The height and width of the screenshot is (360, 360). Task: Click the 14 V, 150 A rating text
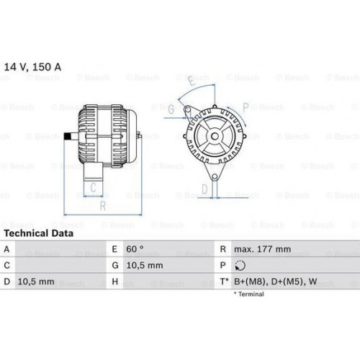pyautogui.click(x=32, y=67)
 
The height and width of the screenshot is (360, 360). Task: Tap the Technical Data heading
pyautogui.click(x=39, y=233)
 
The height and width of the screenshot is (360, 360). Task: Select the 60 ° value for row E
pyautogui.click(x=135, y=249)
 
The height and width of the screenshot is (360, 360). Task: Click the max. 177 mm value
pyautogui.click(x=262, y=249)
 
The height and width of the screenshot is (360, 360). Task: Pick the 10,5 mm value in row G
pyautogui.click(x=145, y=266)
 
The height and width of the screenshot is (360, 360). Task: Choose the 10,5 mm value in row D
pyautogui.click(x=36, y=282)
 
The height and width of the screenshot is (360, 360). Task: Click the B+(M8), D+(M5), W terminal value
pyautogui.click(x=276, y=282)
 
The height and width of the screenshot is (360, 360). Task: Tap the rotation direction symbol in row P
pyautogui.click(x=240, y=266)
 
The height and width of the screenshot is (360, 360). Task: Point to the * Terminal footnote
pyautogui.click(x=249, y=294)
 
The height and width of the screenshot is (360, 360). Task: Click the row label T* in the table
pyautogui.click(x=224, y=282)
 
